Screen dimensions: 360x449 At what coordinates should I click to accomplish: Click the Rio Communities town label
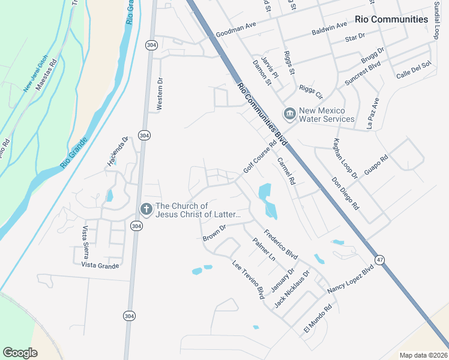click(391, 19)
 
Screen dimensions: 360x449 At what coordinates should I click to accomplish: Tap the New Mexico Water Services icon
click(290, 113)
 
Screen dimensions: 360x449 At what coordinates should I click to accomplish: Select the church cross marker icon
click(145, 209)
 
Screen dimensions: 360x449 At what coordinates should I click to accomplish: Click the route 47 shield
click(379, 259)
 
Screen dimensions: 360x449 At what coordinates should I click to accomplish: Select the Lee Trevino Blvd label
click(249, 279)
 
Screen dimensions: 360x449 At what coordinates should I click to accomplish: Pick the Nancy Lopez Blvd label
click(351, 279)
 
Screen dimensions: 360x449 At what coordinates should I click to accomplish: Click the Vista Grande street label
click(100, 265)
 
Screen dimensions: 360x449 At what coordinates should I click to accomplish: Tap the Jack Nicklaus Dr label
click(292, 289)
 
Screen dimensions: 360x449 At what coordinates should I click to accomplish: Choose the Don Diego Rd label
click(345, 193)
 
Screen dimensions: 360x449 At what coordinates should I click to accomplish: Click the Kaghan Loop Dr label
click(345, 158)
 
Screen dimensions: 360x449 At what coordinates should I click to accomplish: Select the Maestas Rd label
click(46, 74)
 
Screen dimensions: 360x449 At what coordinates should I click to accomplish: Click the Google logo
click(20, 353)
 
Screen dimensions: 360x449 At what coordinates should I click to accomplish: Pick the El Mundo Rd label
click(318, 320)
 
